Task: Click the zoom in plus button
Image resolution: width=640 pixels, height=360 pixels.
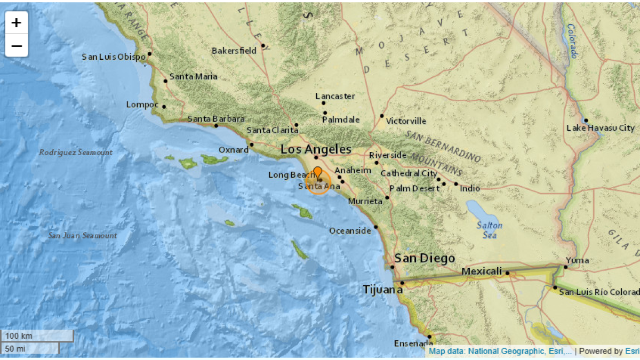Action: click(x=17, y=22)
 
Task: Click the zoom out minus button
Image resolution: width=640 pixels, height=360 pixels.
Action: click(x=17, y=46)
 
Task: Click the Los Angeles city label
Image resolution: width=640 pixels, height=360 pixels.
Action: click(x=316, y=149)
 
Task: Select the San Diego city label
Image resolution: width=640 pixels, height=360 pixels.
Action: click(x=425, y=259)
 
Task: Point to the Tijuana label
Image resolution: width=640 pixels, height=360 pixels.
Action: click(x=383, y=290)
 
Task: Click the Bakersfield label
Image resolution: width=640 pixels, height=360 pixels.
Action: click(x=234, y=51)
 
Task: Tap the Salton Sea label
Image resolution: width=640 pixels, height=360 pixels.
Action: click(x=486, y=230)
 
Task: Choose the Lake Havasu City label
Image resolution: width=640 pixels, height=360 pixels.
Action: click(x=601, y=128)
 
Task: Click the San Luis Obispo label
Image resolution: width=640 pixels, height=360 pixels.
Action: click(x=114, y=57)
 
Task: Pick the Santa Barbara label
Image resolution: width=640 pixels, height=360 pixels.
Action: click(x=216, y=119)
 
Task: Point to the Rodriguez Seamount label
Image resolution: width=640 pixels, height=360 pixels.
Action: click(x=76, y=153)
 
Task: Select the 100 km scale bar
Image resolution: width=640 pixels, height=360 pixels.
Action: click(x=37, y=336)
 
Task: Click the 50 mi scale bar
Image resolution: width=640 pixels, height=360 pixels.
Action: click(x=30, y=348)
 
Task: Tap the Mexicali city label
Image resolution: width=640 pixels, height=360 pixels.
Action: click(x=482, y=271)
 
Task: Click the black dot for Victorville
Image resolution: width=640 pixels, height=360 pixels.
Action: click(x=382, y=116)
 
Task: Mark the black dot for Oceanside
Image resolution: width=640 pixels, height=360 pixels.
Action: click(x=376, y=227)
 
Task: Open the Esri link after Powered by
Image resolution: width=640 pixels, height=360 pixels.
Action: click(x=632, y=351)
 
